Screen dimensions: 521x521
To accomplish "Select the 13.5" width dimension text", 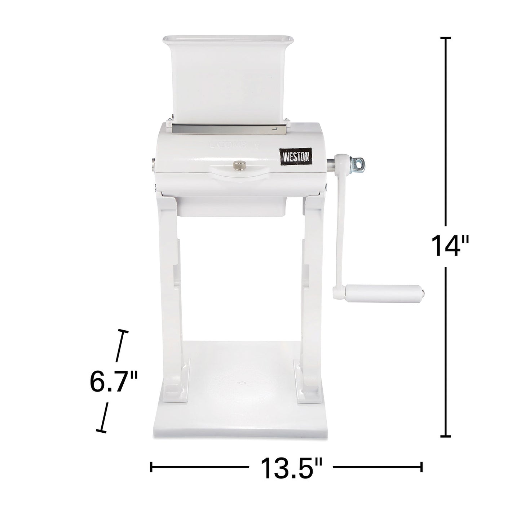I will [x=291, y=468].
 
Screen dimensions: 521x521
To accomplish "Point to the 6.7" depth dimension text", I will [x=114, y=382].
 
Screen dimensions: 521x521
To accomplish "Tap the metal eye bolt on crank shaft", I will [x=358, y=164].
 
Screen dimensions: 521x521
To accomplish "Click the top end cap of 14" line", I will [x=446, y=37].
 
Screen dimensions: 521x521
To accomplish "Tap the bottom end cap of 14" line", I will [x=446, y=437].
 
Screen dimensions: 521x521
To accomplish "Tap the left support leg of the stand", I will [x=172, y=288].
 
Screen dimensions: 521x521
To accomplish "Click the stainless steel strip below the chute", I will [x=230, y=129].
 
